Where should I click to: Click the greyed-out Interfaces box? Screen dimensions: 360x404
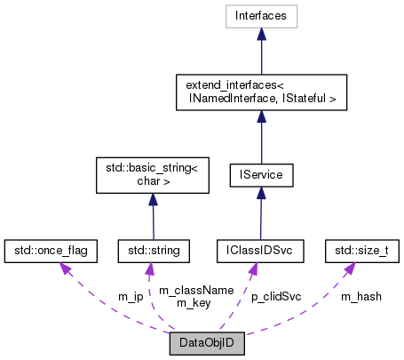click(x=259, y=16)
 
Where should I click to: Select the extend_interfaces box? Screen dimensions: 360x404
click(x=259, y=92)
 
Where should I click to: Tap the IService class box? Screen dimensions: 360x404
click(x=259, y=175)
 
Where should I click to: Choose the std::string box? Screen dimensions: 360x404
click(x=153, y=252)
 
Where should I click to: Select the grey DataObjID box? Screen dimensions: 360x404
click(x=207, y=342)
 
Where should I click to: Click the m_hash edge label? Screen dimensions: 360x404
click(x=361, y=296)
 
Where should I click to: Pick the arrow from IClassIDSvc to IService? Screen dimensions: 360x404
click(x=259, y=213)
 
